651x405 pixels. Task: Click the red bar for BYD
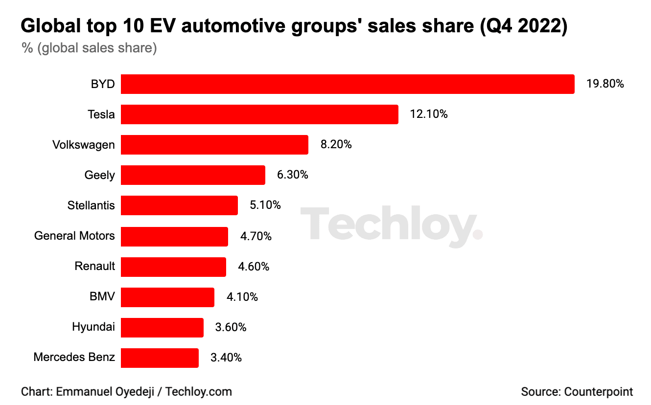tap(348, 84)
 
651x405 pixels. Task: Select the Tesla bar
tap(259, 114)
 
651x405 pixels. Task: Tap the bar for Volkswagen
tap(214, 145)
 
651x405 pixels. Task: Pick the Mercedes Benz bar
tap(160, 358)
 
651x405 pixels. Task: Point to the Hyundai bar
tap(162, 327)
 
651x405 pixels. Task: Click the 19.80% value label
tap(605, 84)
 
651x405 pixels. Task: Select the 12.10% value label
tap(429, 114)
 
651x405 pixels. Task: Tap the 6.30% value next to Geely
tap(293, 175)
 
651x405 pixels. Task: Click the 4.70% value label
tap(256, 236)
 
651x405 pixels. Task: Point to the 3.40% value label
tap(226, 358)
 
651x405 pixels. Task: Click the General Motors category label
tap(74, 236)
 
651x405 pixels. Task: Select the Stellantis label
tap(91, 205)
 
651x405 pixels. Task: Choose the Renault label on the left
tap(94, 266)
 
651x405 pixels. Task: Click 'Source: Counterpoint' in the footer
tap(577, 392)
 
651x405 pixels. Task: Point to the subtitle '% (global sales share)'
tap(89, 49)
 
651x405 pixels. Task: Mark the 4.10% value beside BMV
tap(242, 297)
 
